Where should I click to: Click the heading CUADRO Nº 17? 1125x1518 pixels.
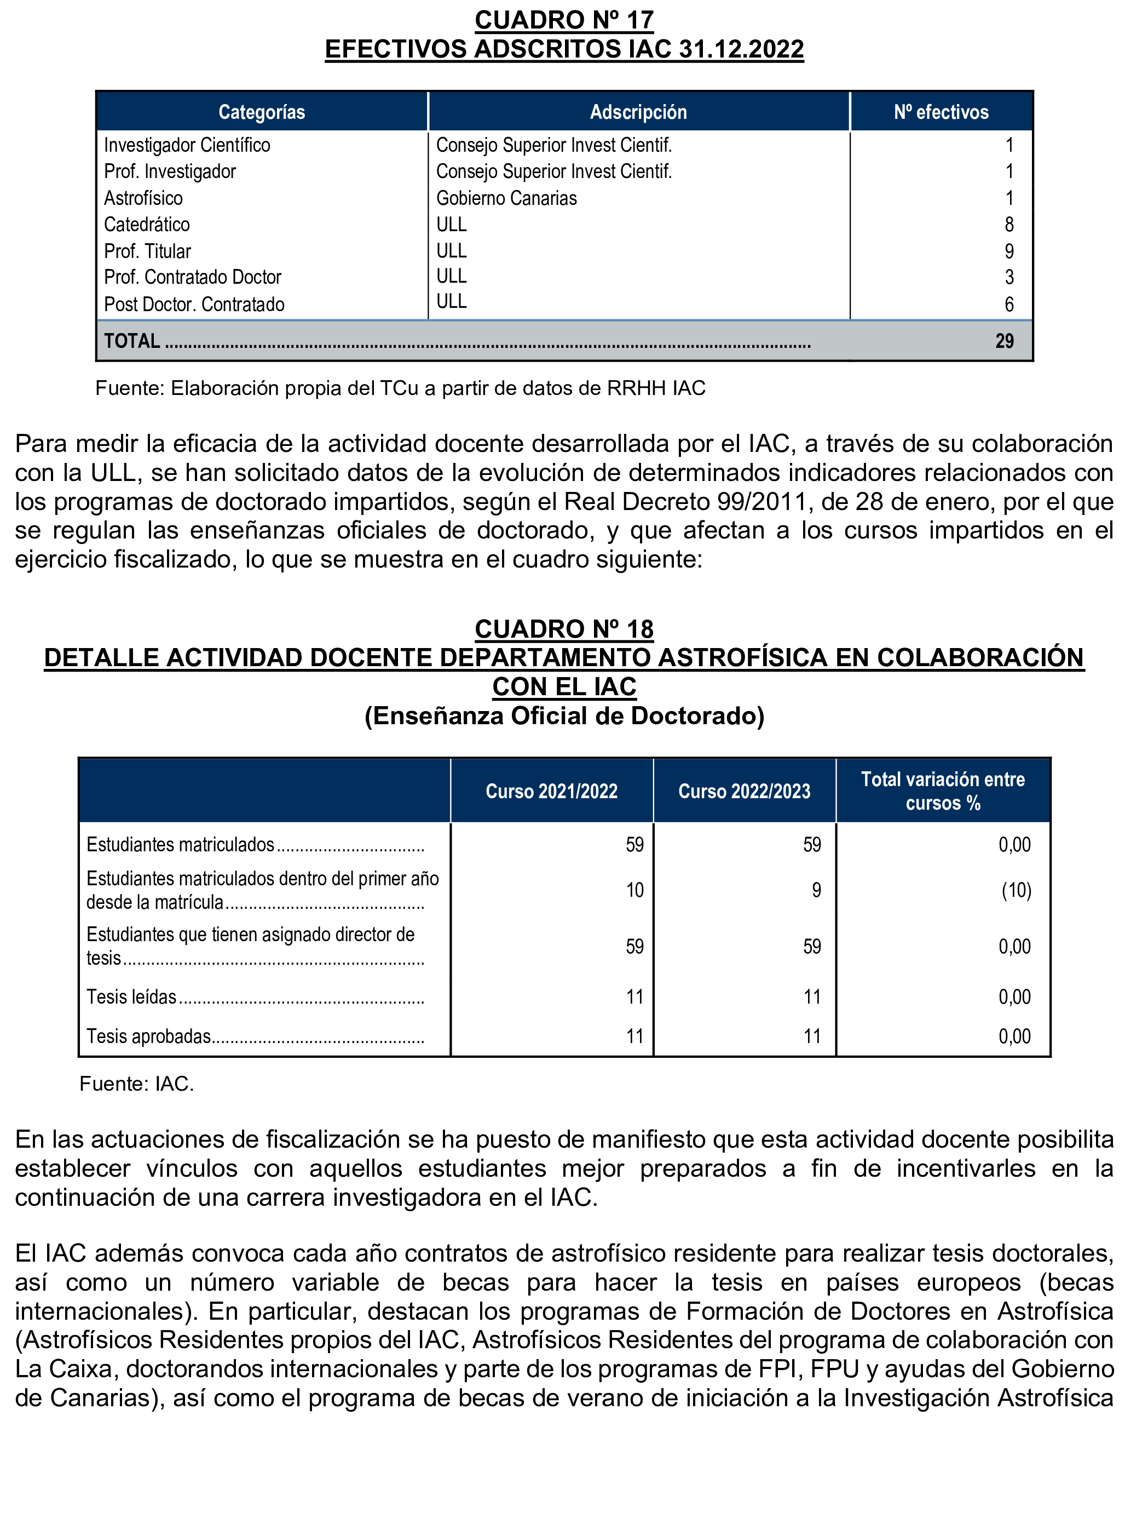click(564, 20)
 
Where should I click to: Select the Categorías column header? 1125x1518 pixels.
click(262, 112)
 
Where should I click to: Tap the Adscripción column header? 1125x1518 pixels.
click(638, 112)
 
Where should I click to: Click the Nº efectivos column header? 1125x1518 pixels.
click(941, 112)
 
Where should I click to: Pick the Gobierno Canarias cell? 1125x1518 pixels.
click(506, 198)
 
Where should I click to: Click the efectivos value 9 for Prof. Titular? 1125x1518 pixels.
click(1008, 251)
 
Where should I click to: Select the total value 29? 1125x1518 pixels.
click(1004, 341)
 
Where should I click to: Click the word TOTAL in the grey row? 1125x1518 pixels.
click(132, 341)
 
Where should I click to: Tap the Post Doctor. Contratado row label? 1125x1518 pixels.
click(194, 304)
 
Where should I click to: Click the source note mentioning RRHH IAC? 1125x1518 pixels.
click(400, 388)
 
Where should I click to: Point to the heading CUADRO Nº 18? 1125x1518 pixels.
click(564, 628)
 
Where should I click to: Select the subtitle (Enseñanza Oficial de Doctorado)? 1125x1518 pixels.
click(564, 715)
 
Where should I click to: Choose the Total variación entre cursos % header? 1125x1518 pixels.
click(943, 791)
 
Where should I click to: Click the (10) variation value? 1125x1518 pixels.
click(1016, 890)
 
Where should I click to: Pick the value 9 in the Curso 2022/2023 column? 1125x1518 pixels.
click(816, 890)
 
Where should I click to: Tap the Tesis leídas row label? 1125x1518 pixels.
click(131, 997)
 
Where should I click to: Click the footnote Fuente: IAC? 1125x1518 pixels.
click(136, 1084)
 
